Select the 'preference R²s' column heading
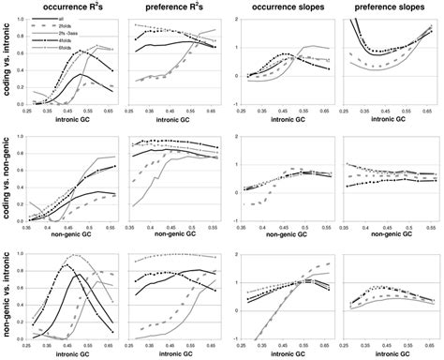click(179, 8)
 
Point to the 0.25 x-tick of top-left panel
click(31, 113)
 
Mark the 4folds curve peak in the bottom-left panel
click(68, 266)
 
